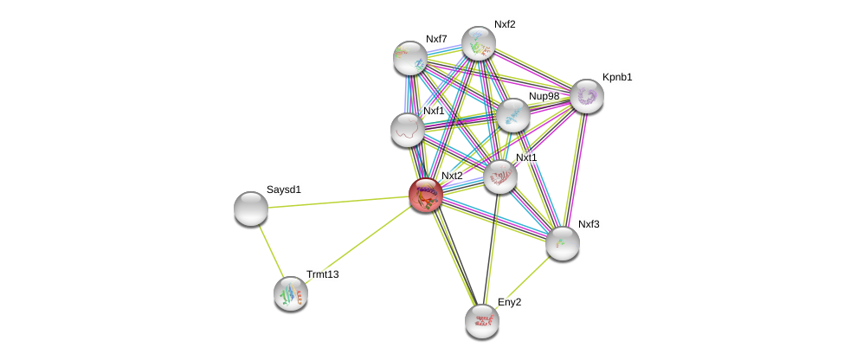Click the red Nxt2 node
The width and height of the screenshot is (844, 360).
tap(425, 195)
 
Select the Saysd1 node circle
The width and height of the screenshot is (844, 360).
tap(251, 209)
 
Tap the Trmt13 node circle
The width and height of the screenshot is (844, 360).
tap(291, 293)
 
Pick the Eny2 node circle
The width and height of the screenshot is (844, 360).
tap(482, 321)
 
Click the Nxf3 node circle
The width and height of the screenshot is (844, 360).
tap(563, 243)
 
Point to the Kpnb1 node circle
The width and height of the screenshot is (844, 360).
tap(587, 96)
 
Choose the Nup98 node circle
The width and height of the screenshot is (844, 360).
tap(513, 115)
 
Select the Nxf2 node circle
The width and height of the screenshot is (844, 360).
tap(478, 43)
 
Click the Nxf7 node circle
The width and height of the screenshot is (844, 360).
tap(410, 58)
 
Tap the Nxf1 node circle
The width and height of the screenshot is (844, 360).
tap(408, 130)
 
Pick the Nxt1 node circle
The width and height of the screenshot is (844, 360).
tap(500, 177)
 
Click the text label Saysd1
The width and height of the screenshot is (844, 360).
tap(283, 190)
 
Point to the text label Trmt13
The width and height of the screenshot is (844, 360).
tap(323, 274)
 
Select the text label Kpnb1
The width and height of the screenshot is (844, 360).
tap(617, 77)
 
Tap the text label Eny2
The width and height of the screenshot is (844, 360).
tap(509, 302)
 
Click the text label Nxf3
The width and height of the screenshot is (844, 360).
tap(589, 224)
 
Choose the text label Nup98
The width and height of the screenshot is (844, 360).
tap(544, 96)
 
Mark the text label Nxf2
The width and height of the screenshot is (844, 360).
tap(505, 24)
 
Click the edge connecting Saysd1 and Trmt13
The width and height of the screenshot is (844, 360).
tap(270, 249)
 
